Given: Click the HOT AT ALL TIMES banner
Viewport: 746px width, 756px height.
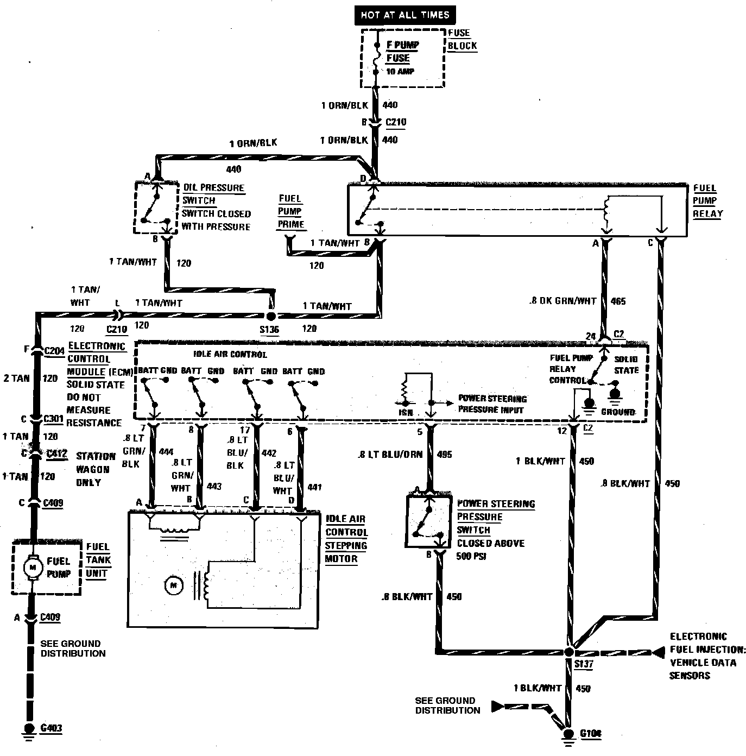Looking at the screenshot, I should click(x=405, y=15).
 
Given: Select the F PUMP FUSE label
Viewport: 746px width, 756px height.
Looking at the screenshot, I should click(x=402, y=52).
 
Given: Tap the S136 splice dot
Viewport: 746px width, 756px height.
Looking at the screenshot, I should click(x=270, y=316).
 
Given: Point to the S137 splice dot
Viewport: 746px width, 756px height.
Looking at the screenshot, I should click(x=569, y=651).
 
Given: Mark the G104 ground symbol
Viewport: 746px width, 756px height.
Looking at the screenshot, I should click(x=569, y=735).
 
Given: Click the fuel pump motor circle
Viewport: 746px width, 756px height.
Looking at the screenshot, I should click(x=32, y=568).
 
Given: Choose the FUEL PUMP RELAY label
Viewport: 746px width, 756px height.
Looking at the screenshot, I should click(x=707, y=200).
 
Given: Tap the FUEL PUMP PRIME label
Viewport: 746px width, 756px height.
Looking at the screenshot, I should click(x=290, y=211).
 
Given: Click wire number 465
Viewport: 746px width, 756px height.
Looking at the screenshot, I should click(x=618, y=301).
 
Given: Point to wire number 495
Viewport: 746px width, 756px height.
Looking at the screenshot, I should click(x=444, y=455).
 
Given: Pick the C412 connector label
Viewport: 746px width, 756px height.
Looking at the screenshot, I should click(x=56, y=453).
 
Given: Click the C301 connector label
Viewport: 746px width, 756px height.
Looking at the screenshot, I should click(x=54, y=419).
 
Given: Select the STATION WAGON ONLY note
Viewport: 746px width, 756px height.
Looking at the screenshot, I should click(x=96, y=469).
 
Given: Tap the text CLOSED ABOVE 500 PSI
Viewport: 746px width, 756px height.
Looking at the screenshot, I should click(x=490, y=550).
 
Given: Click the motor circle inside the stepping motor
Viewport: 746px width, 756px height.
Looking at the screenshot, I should click(x=174, y=585).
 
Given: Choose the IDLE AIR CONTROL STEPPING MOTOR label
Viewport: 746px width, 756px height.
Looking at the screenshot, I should click(x=346, y=539).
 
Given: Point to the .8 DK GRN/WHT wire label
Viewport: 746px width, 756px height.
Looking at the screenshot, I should click(x=562, y=301).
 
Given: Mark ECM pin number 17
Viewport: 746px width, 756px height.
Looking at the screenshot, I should click(x=245, y=430).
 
